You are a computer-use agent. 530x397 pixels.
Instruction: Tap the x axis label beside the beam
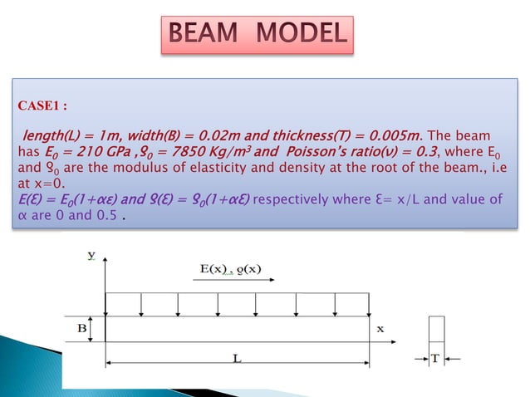point(380,328)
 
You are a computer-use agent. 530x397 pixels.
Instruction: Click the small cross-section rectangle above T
point(437,330)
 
